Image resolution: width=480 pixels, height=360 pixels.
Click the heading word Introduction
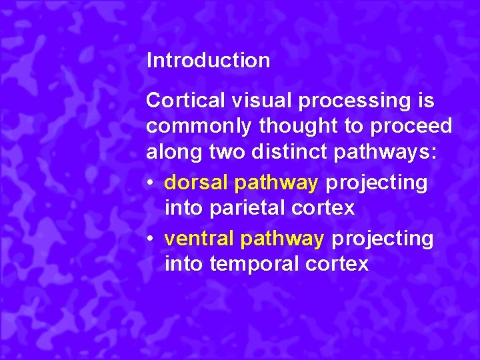click(208, 61)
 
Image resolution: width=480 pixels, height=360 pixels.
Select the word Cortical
click(185, 101)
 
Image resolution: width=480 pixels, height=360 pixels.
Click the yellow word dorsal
click(197, 182)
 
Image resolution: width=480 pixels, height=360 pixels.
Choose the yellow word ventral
click(199, 238)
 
